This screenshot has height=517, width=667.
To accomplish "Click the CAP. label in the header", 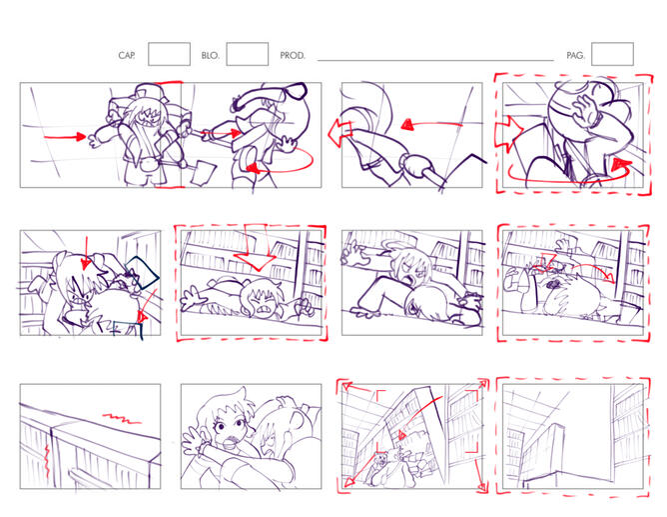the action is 127,55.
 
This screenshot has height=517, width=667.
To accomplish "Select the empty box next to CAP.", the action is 169,54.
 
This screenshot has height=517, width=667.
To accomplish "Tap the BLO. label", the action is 210,55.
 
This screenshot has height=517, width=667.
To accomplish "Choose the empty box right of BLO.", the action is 248,54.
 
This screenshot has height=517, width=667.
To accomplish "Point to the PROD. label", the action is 293,55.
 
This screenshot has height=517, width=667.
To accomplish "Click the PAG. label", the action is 575,55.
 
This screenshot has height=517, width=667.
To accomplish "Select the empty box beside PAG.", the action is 612,54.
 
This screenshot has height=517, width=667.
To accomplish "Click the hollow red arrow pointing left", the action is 339,132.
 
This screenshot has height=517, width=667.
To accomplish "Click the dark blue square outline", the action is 142,273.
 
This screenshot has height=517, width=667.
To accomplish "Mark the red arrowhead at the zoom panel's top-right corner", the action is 483,384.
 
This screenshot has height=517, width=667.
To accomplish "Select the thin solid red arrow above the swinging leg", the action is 431,124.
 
